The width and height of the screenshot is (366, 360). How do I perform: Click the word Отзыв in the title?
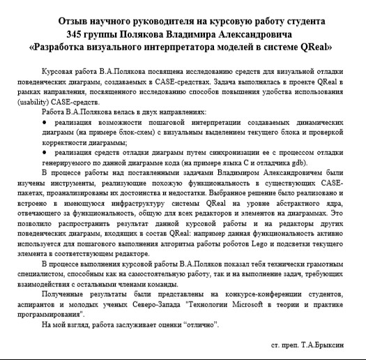(x=76, y=21)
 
